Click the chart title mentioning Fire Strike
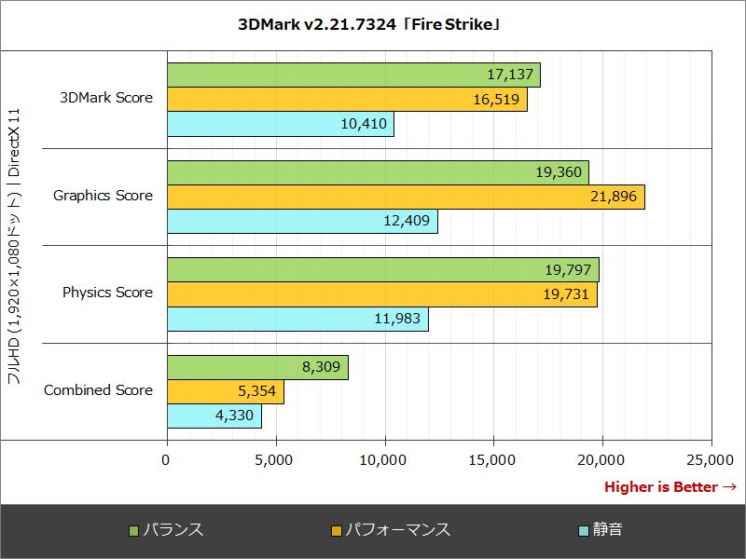coord(372,25)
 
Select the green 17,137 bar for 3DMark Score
coord(353,75)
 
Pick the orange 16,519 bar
coord(347,100)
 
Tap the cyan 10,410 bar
coord(280,124)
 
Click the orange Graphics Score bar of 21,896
coord(406,197)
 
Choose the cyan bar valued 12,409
coord(302,221)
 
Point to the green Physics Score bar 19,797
coord(382,270)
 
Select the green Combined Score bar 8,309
coord(257,367)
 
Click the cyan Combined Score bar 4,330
coord(214,416)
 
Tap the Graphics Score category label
coord(103,196)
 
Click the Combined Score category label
coord(98,390)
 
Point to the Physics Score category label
coord(107,293)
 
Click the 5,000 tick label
coord(275,459)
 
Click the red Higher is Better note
coord(670,487)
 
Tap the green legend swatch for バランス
coord(133,531)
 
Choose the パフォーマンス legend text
coord(398,530)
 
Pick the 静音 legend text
coord(608,530)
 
